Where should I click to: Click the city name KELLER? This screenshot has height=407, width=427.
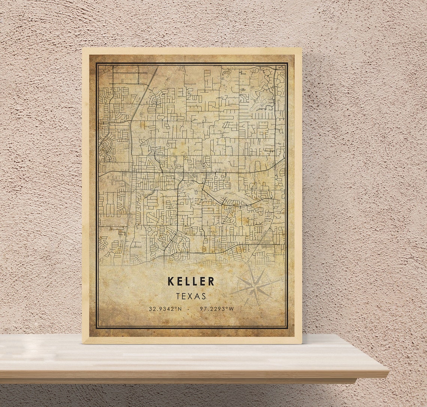(191, 281)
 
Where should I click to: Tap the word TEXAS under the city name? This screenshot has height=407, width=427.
(191, 296)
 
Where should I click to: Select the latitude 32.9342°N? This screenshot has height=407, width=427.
(165, 309)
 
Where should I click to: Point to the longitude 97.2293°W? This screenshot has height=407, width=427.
(217, 309)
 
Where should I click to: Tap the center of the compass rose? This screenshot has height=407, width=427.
(255, 287)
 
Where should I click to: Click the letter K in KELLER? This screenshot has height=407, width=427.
(170, 281)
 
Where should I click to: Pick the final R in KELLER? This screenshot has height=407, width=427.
(211, 281)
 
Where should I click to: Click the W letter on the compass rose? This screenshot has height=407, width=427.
(225, 296)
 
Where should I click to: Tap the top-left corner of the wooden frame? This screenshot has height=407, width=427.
(83, 48)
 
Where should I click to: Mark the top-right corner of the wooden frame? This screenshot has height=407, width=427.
(301, 48)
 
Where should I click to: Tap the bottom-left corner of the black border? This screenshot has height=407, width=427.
(97, 328)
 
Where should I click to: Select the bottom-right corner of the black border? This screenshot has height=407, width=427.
(287, 328)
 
